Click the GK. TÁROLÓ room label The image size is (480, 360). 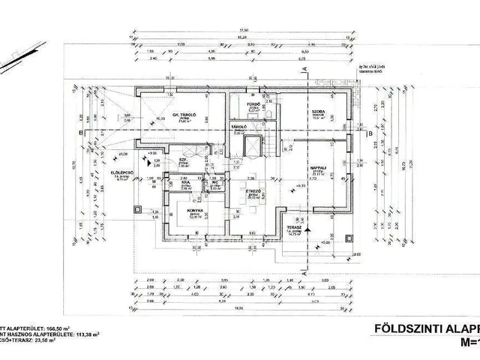pos(184,115)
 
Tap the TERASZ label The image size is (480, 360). pos(294,232)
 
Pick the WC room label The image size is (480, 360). pos(214,181)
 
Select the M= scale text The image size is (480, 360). pos(464,342)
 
